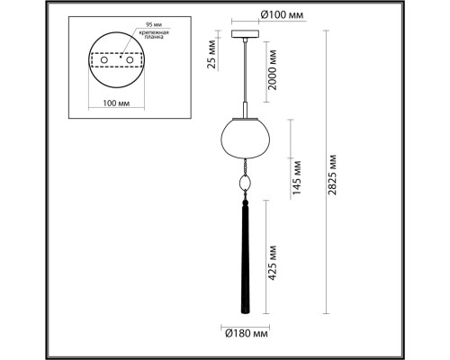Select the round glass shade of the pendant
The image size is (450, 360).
[242, 139]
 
